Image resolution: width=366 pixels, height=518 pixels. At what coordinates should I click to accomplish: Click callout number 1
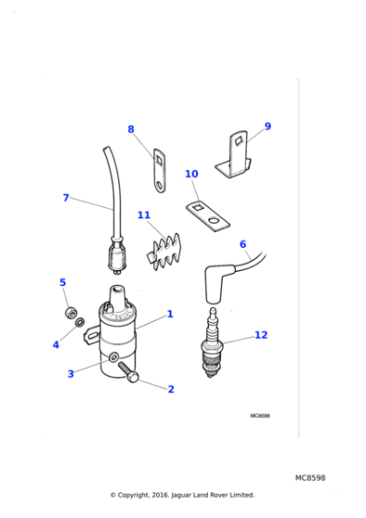click(x=170, y=314)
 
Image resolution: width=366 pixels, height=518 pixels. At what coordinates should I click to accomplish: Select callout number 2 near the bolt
click(x=170, y=389)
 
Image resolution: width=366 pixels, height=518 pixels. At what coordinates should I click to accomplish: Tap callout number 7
click(x=66, y=198)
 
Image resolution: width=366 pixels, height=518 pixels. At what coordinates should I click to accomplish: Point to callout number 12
click(x=261, y=335)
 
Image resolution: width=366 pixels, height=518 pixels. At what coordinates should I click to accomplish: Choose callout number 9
click(x=267, y=127)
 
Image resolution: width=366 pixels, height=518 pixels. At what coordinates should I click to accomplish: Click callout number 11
click(x=143, y=216)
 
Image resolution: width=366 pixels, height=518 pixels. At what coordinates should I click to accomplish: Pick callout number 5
click(x=62, y=282)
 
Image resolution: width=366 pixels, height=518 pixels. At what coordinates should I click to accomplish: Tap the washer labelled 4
click(x=79, y=323)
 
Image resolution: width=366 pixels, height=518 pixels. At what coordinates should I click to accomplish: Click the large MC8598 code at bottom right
click(x=310, y=477)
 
